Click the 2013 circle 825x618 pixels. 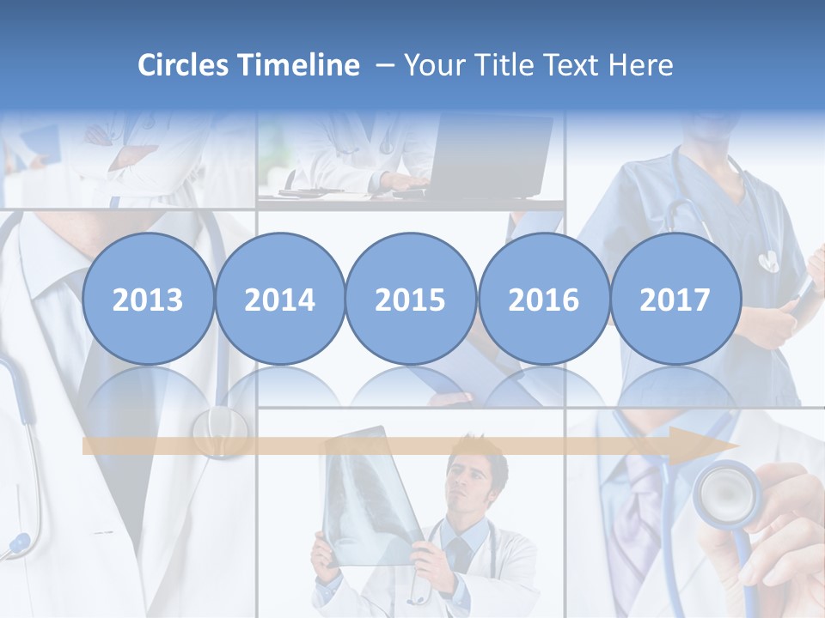pos(148,299)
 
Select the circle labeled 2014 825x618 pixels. pos(280,299)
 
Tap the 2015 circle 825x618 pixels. pos(411,299)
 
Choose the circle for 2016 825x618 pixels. pos(543,299)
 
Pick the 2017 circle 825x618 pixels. pos(675,299)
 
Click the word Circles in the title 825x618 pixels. pos(184,65)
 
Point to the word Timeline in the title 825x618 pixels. pos(300,65)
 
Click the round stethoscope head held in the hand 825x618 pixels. pos(724,491)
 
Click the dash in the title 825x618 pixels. pos(385,66)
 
